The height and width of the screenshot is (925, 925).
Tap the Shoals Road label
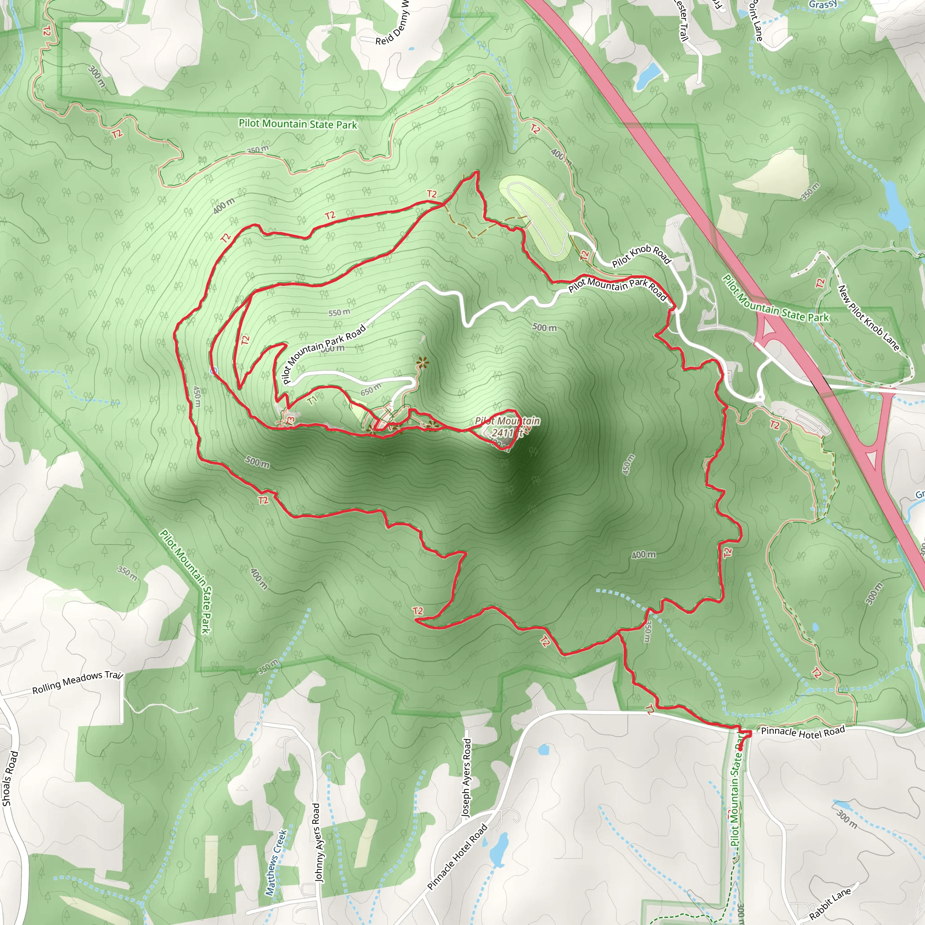[10, 779]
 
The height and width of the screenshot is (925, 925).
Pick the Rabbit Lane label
[831, 903]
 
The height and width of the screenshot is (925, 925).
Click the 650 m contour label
[370, 390]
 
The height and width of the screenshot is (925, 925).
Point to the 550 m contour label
[339, 313]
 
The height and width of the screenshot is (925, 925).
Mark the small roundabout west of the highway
[760, 397]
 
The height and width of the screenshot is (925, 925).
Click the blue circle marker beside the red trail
[214, 370]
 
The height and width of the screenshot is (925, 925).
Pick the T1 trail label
[312, 400]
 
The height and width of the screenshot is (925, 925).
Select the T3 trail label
[290, 420]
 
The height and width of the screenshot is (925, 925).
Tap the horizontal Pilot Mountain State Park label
[298, 124]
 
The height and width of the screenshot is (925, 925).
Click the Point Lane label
[756, 20]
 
